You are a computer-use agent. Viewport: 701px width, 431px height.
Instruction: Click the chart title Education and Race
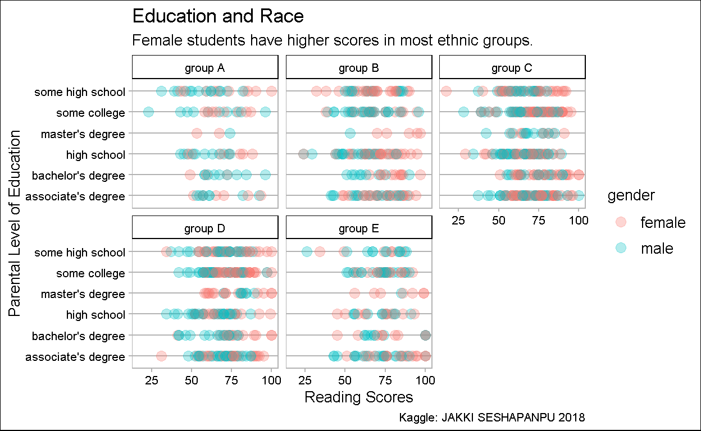218,16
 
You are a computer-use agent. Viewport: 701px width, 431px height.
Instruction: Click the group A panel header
205,68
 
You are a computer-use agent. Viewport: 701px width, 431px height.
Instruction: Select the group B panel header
359,68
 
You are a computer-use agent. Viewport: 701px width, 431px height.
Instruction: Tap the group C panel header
512,68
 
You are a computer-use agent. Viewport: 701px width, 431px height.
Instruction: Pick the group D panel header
205,228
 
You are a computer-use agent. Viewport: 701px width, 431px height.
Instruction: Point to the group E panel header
359,228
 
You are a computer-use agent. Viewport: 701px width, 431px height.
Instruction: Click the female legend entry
663,223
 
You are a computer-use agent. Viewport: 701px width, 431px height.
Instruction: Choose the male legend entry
657,248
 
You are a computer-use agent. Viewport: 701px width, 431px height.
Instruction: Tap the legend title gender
631,195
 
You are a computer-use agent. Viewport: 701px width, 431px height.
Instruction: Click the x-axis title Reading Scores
358,397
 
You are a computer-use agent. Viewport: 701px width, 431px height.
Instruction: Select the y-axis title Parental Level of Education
15,223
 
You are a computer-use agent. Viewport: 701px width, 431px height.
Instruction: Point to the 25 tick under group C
459,220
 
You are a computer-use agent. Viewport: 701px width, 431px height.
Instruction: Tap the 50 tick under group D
192,380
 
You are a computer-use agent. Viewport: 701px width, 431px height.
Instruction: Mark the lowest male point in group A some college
148,112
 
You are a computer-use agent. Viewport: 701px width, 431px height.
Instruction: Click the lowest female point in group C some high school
446,91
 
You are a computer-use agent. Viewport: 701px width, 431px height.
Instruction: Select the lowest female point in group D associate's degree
161,356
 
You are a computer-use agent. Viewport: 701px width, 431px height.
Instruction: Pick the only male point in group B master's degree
350,133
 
